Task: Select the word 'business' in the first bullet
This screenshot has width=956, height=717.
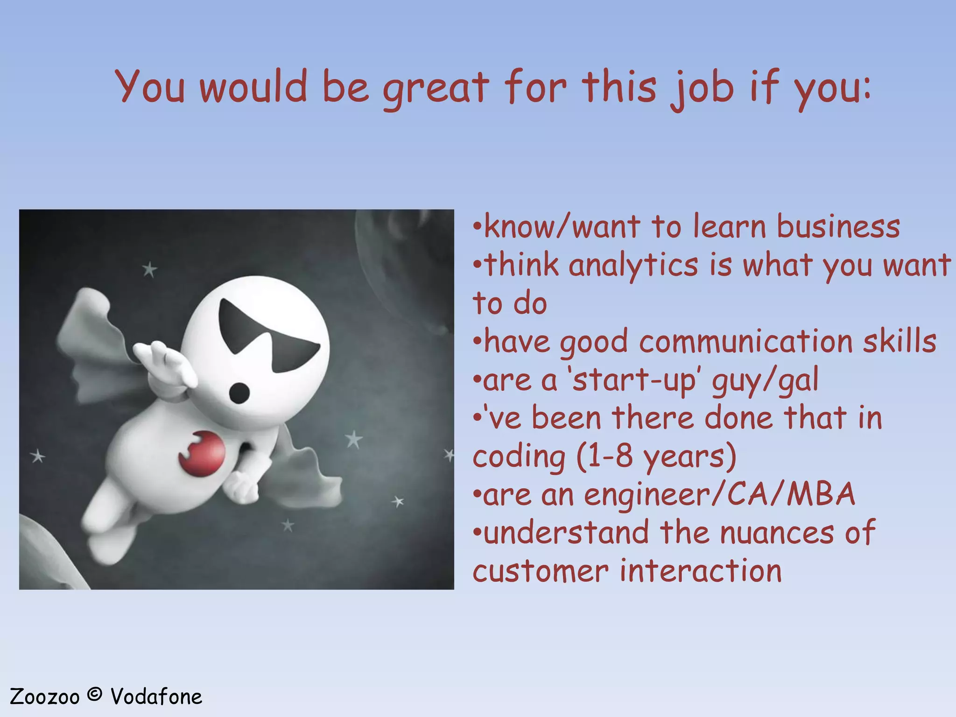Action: [x=838, y=227]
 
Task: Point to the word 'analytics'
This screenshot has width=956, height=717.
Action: [x=633, y=265]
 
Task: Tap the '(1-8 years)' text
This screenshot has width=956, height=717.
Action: [x=656, y=456]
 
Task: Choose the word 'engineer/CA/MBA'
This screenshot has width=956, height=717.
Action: [x=719, y=494]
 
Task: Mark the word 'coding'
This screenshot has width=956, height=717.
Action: [x=519, y=457]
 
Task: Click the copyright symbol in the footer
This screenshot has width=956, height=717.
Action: [x=95, y=695]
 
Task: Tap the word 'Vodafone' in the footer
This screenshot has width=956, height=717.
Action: [x=156, y=697]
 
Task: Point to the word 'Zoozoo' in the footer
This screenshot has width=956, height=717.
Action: [x=44, y=697]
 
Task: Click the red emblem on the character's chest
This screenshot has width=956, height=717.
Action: [x=202, y=453]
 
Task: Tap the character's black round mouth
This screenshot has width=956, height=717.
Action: [x=240, y=391]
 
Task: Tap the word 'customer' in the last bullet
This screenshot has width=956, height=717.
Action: [x=541, y=571]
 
